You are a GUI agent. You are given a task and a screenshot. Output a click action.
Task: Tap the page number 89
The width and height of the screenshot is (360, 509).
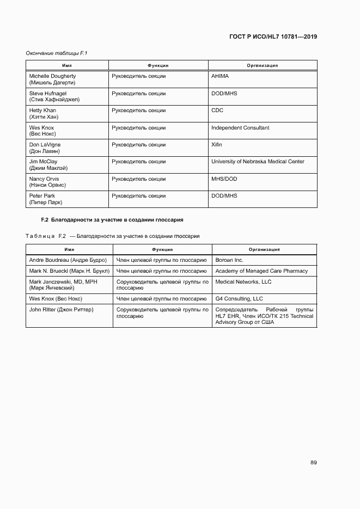tap(313, 462)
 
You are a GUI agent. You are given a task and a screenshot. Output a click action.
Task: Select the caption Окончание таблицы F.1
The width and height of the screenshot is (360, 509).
tap(57, 53)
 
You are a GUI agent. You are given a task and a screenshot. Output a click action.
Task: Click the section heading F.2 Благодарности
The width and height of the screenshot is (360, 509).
tap(112, 220)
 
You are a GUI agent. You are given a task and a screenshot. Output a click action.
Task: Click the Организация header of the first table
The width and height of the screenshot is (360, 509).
tap(262, 65)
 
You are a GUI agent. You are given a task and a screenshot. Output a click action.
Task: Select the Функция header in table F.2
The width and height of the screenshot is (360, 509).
tap(162, 249)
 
